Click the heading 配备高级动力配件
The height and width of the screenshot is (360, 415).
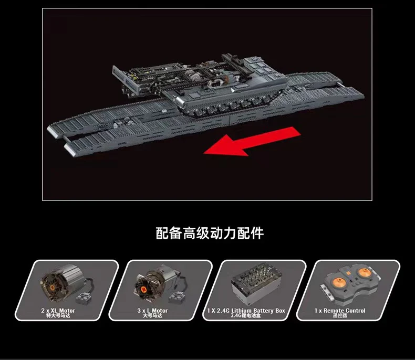(210, 232)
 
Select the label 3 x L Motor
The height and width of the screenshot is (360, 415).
(152, 311)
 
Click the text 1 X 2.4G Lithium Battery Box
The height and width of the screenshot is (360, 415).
(246, 311)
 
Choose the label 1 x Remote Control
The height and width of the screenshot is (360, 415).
(340, 311)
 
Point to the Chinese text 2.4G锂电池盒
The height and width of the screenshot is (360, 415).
(246, 316)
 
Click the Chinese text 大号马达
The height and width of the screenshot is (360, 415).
(152, 316)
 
